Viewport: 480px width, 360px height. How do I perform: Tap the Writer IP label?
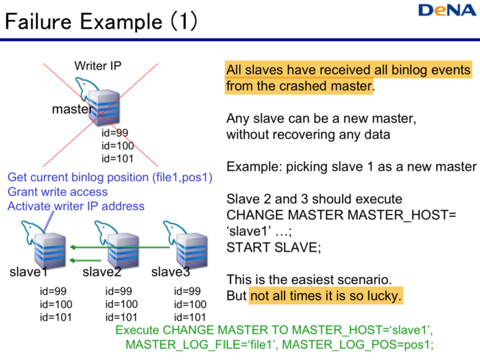click(98, 67)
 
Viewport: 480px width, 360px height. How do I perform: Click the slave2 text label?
click(101, 272)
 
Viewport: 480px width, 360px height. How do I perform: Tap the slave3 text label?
click(170, 272)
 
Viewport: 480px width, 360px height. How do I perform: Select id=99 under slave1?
click(53, 291)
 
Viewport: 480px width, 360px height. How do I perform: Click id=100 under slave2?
click(122, 304)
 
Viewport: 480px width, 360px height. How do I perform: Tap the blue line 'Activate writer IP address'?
click(76, 206)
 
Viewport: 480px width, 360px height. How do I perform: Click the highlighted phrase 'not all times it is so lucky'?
click(326, 296)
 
